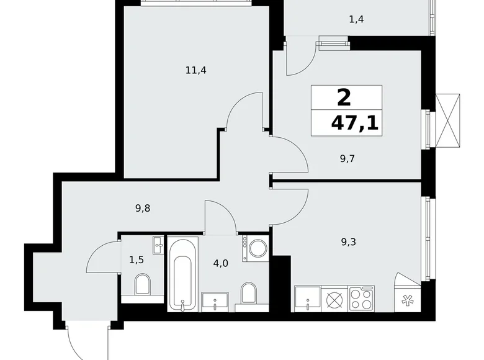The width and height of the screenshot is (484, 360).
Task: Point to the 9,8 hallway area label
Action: coord(142,209)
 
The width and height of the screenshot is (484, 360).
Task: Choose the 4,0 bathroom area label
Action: coord(221,263)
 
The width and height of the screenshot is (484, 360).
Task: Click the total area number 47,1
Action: coord(354,122)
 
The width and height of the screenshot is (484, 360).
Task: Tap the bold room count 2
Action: coord(343,97)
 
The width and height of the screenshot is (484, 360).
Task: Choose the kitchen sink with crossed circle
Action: coord(335,299)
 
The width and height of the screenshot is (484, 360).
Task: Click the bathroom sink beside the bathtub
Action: coord(215,301)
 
